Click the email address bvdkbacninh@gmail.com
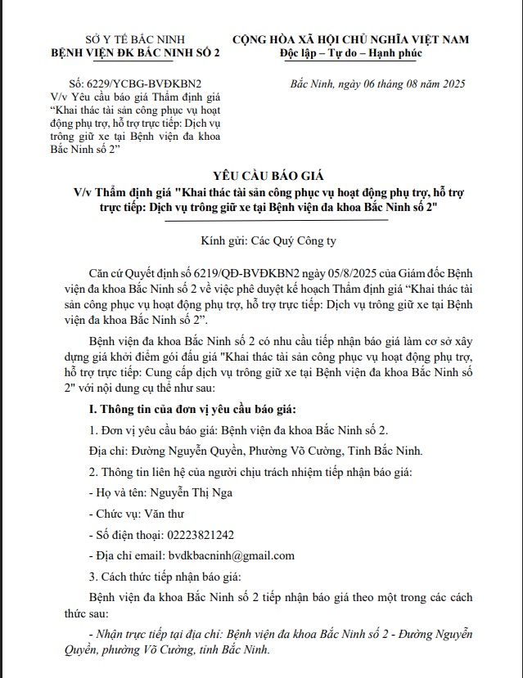228,556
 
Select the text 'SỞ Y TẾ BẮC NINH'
136,39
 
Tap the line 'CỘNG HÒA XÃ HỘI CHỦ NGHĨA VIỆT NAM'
349,39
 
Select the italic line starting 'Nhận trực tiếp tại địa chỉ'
278,635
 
